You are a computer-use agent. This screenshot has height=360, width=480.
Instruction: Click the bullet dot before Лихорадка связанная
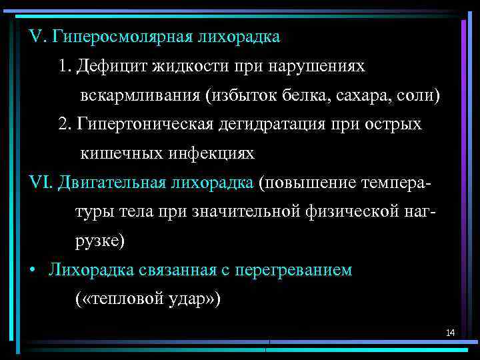coord(33,271)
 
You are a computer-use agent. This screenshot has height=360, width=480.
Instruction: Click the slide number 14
coord(450,332)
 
